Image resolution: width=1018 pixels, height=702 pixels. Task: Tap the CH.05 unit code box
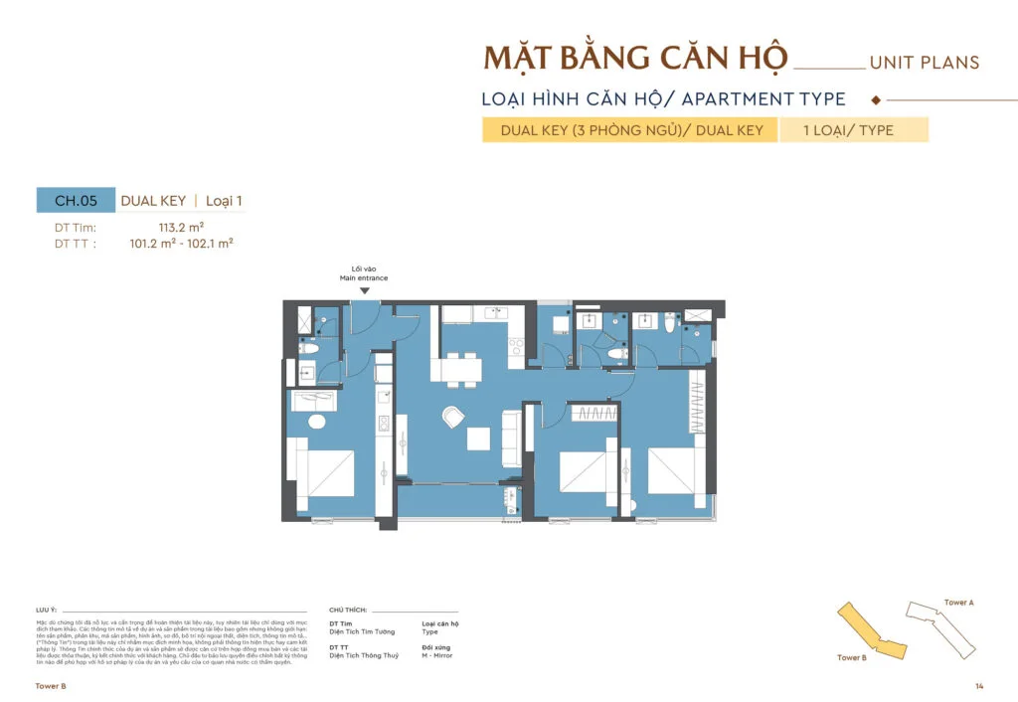[x=76, y=201]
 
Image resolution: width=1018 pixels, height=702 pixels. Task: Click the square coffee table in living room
[x=479, y=439]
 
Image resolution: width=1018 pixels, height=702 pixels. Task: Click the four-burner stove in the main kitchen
[x=515, y=348]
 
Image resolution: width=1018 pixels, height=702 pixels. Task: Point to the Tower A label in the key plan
[x=958, y=603]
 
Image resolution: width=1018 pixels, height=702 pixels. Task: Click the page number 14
[x=979, y=687]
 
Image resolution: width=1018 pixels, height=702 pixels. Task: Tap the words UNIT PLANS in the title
[x=924, y=63]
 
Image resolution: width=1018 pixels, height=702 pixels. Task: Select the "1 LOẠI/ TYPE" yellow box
[x=853, y=130]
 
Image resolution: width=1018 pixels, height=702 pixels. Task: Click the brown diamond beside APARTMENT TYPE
[x=875, y=99]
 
